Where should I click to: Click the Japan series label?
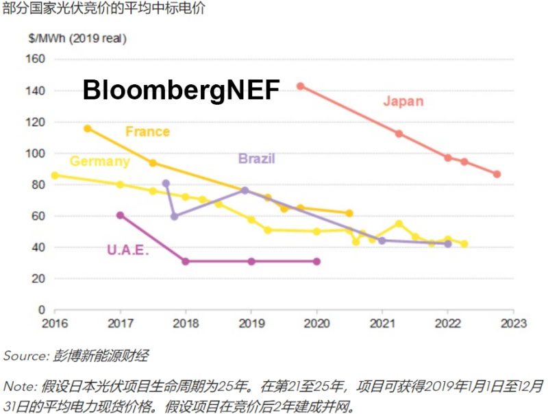coord(403,101)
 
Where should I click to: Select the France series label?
coord(147,131)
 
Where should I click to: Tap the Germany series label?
coord(100,162)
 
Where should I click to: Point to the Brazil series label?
coord(256,159)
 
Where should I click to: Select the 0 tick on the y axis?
coord(41,310)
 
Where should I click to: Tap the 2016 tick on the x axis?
coord(54,323)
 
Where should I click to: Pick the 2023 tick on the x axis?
coord(514,323)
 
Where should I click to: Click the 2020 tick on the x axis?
coord(316,323)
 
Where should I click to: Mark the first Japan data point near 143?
coord(300,86)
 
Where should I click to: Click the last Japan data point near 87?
coord(497,174)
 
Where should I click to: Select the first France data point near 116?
coord(87,128)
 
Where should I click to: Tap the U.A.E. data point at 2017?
coord(121,215)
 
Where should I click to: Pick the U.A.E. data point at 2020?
coord(316,261)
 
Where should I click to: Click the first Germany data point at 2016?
coord(55,175)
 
